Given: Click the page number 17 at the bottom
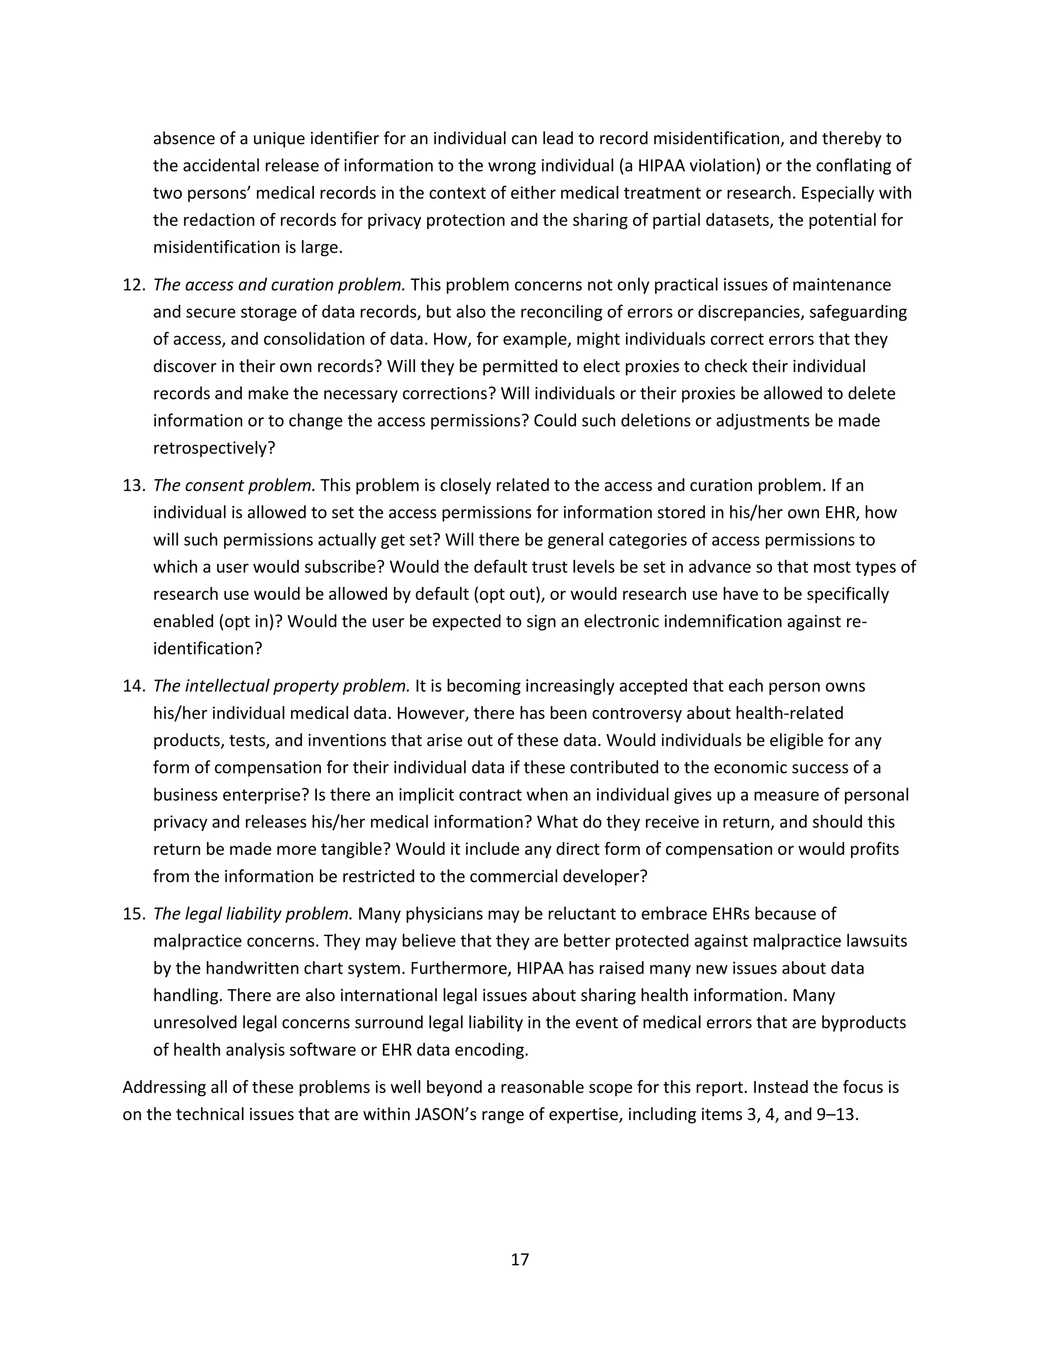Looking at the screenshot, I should coord(519,1260).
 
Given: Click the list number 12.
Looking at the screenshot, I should coord(133,285).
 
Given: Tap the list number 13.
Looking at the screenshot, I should coord(133,485).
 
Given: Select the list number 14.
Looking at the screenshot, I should coord(133,686).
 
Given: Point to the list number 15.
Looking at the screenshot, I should coord(133,913).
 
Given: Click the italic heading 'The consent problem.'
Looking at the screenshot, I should coord(234,485).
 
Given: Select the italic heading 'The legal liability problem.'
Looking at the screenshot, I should coord(252,913).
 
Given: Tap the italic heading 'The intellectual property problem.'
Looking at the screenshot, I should coord(281,686).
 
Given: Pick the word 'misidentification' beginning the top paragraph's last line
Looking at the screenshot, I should coord(217,248).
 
